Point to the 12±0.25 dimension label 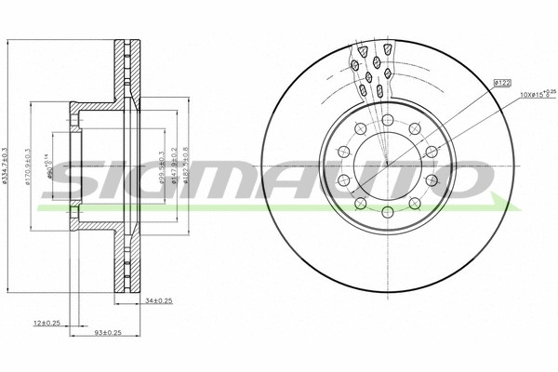46,323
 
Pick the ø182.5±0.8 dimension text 186,167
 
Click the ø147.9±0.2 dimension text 174,167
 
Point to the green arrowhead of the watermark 503,202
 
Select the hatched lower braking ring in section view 123,260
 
